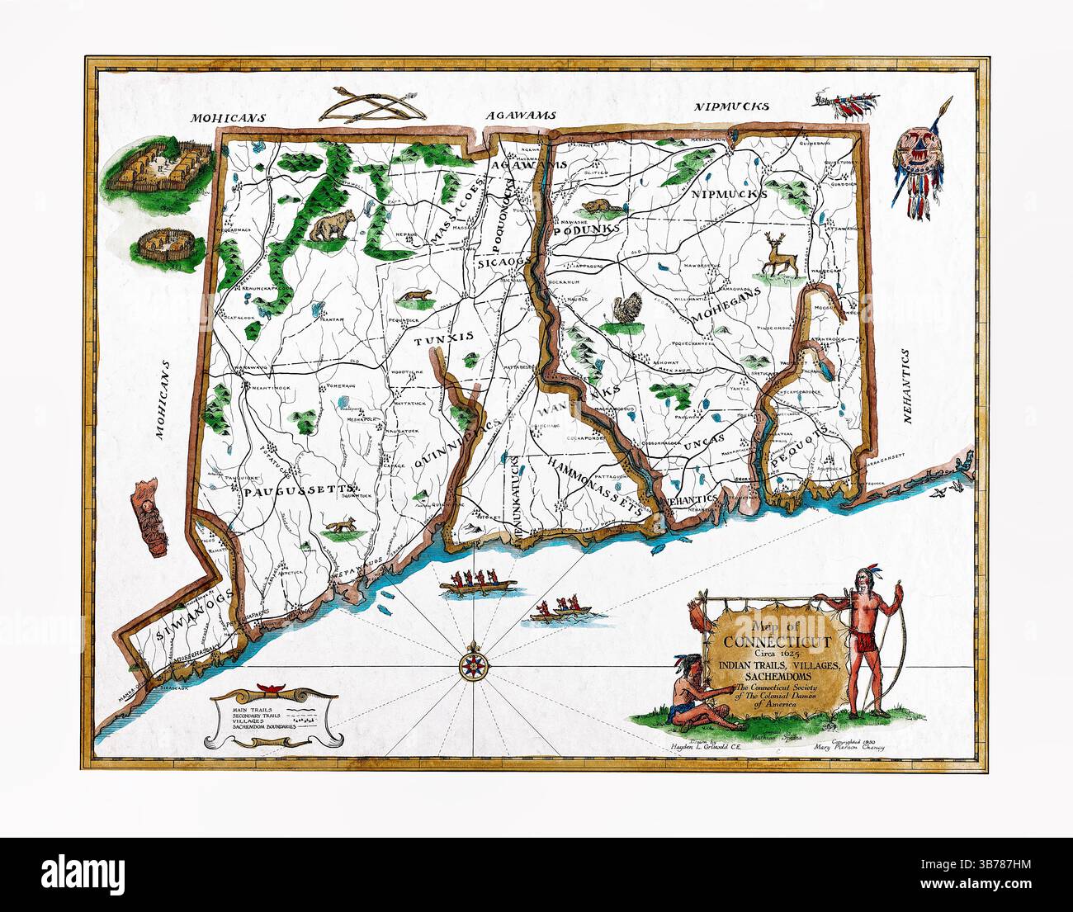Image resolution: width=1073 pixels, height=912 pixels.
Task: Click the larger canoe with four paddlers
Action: pos(478,584)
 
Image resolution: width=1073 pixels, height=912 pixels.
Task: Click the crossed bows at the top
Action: pos(370,104)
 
